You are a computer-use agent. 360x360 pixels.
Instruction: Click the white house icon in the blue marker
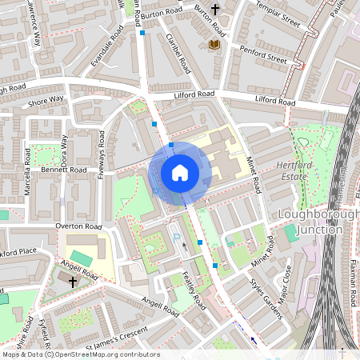click(x=180, y=172)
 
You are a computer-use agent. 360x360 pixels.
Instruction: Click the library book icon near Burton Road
click(x=214, y=45)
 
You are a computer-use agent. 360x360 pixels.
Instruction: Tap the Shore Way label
click(x=46, y=100)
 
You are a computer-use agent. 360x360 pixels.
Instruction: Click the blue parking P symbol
click(x=177, y=238)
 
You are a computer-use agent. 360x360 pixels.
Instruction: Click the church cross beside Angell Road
click(x=73, y=282)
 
